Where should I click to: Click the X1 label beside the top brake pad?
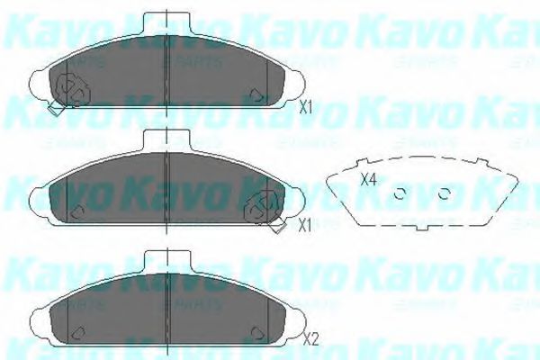pyautogui.click(x=305, y=107)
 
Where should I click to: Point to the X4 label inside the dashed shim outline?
pyautogui.click(x=367, y=178)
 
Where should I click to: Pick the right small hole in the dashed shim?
pyautogui.click(x=444, y=193)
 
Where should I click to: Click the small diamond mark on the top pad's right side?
pyautogui.click(x=257, y=94)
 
